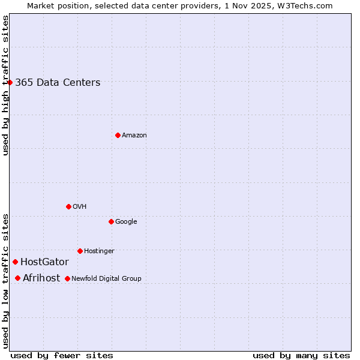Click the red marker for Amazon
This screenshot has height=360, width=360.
click(x=118, y=135)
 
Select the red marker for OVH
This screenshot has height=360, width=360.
click(x=68, y=206)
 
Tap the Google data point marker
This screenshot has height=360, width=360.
click(x=111, y=221)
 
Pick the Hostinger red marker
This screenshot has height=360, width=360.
click(x=80, y=251)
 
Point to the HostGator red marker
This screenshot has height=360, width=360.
click(x=15, y=262)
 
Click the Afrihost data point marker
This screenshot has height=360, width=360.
click(x=17, y=278)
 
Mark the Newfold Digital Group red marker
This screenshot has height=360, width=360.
click(x=67, y=278)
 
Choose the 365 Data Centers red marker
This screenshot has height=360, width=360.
click(x=10, y=82)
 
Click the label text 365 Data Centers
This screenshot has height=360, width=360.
click(x=58, y=83)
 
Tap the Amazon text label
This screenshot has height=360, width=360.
click(x=134, y=136)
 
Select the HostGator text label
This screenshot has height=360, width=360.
click(x=44, y=262)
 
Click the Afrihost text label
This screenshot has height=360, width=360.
click(x=41, y=278)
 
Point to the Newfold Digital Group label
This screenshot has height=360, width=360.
click(x=106, y=278)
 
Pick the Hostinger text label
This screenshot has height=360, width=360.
click(x=99, y=251)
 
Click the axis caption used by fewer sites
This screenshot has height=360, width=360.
click(x=62, y=355)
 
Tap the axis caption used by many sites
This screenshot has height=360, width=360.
click(x=301, y=355)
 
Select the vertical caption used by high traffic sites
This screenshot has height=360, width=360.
click(x=6, y=85)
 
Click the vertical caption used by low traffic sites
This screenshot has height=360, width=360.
click(x=6, y=280)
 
